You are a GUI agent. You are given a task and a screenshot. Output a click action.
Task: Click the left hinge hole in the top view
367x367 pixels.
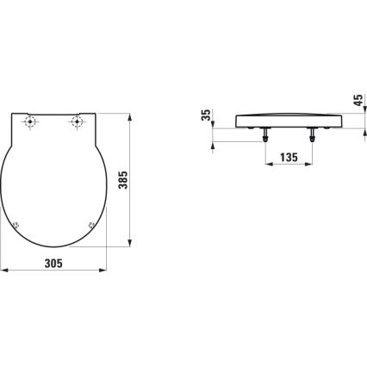click(x=32, y=122)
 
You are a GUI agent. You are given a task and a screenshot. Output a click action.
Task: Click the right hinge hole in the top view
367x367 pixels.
click(x=78, y=122)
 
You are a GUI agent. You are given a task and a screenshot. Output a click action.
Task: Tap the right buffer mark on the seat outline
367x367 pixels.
click(x=92, y=226)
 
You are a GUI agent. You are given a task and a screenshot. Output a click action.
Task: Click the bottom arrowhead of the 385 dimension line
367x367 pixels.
click(x=131, y=245)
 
